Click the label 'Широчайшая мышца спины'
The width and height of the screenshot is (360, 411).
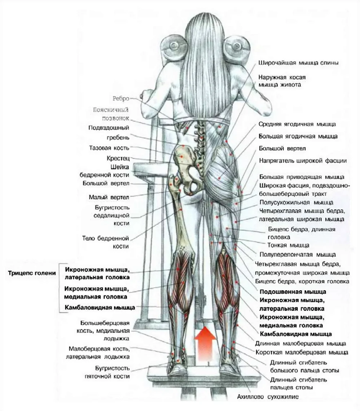298,63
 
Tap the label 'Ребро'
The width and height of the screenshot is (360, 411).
121,99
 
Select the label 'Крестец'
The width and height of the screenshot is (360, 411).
118,159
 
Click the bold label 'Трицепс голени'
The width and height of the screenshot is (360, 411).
32,273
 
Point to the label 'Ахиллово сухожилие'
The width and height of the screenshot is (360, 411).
268,397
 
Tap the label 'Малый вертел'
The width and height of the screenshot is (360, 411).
109,197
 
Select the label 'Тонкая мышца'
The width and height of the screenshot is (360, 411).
288,245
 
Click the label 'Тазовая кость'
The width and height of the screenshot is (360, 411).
109,148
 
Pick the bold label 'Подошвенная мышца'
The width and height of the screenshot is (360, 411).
293,292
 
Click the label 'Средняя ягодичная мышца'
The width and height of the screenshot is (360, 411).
297,124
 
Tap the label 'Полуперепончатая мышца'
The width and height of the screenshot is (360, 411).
298,255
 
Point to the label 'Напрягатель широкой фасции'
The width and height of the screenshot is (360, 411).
303,161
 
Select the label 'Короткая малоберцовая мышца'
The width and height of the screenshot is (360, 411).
302,352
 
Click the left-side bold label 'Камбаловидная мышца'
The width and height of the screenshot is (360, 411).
100,307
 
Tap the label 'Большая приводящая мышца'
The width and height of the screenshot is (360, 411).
302,177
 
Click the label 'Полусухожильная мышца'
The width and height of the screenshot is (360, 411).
297,203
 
